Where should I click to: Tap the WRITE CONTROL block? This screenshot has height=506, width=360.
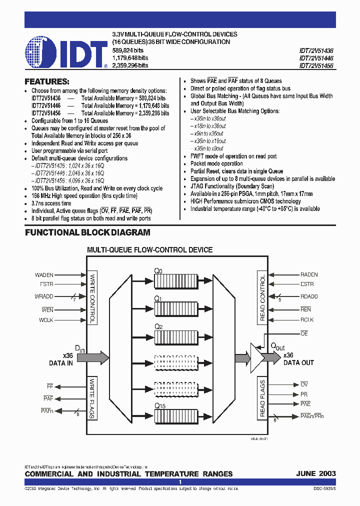coord(92,298)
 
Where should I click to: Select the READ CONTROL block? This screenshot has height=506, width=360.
coord(262,298)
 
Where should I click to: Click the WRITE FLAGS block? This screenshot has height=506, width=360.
coord(92,398)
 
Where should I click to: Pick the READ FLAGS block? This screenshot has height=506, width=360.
coord(262,397)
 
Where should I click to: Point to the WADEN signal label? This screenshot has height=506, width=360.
coord(44,275)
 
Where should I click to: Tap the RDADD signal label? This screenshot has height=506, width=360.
coord(309,296)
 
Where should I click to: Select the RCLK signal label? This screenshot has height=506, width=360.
coord(307,319)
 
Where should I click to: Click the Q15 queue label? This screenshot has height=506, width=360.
coord(159,405)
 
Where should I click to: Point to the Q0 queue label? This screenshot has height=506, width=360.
coord(158,270)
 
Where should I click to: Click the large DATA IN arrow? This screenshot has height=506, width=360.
coord(92,356)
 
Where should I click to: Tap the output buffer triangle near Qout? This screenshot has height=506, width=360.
coord(256,356)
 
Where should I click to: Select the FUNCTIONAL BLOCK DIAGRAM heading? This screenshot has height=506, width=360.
coord(87,232)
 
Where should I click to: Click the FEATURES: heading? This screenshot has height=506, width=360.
coord(47,81)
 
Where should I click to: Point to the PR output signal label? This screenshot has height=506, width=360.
coord(304,394)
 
